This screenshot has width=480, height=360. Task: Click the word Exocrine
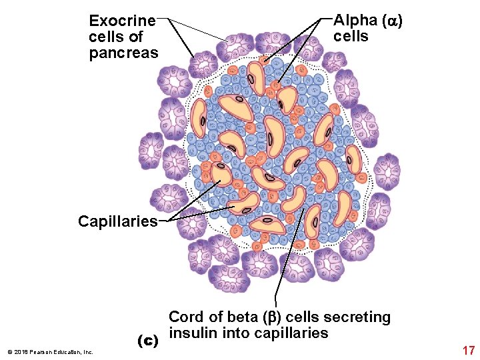122,21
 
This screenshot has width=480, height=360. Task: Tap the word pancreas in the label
123,53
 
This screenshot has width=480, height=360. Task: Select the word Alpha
355,21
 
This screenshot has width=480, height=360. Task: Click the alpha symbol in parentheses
393,21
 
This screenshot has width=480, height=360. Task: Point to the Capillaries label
117,221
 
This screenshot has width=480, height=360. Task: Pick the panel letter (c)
147,341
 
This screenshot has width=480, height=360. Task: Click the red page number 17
468,350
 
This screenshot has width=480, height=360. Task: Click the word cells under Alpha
350,37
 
